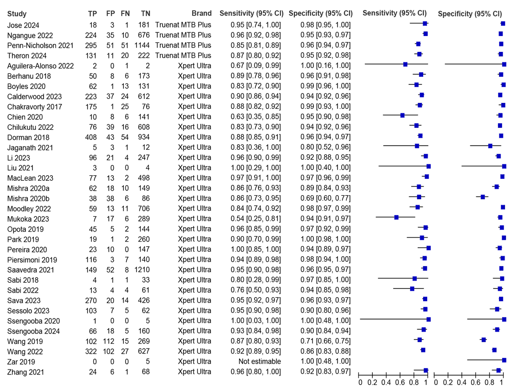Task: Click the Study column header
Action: (17, 13)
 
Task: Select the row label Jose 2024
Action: (23, 25)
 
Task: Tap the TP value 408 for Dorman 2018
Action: (92, 137)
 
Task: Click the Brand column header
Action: (201, 13)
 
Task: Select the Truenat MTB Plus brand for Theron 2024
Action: (183, 55)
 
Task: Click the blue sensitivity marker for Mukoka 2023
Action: (396, 218)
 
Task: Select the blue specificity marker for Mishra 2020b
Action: (483, 197)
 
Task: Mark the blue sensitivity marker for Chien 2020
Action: (402, 116)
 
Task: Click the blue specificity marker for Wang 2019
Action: (484, 340)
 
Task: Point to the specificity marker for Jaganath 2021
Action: (490, 146)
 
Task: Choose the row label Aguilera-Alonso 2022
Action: (40, 66)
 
